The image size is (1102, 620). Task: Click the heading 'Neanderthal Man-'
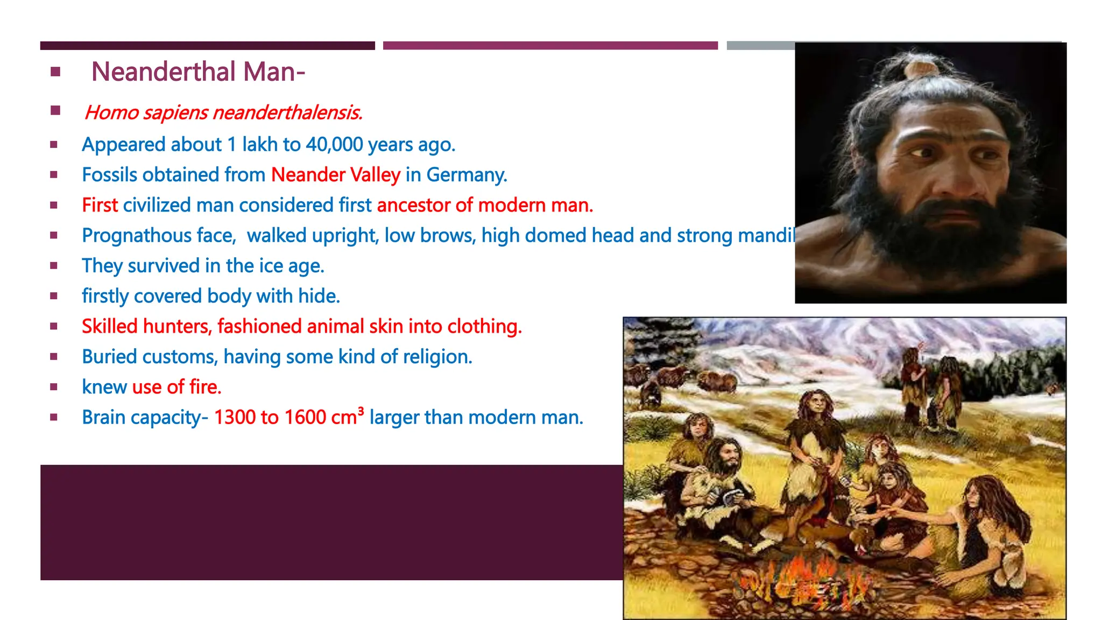point(198,72)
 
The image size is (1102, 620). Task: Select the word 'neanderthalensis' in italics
point(287,112)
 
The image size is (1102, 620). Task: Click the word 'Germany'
point(466,175)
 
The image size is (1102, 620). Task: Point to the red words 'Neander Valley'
point(336,175)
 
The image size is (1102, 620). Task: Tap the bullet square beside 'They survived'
point(54,265)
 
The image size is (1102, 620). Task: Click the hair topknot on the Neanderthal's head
point(921,68)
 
